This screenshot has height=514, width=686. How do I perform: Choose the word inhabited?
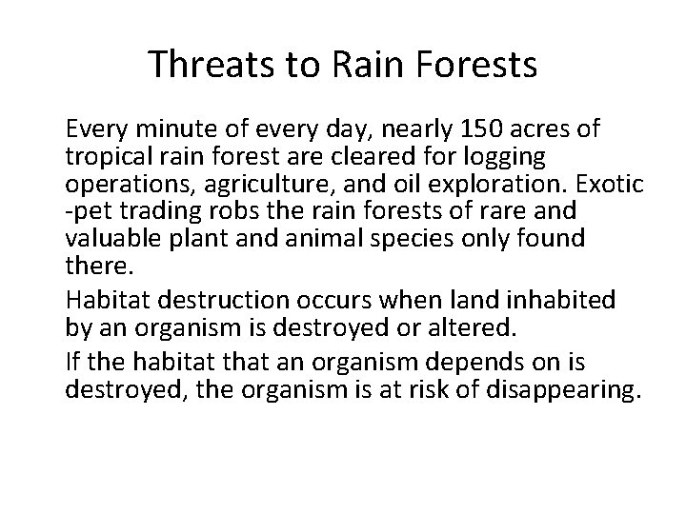click(x=561, y=300)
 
